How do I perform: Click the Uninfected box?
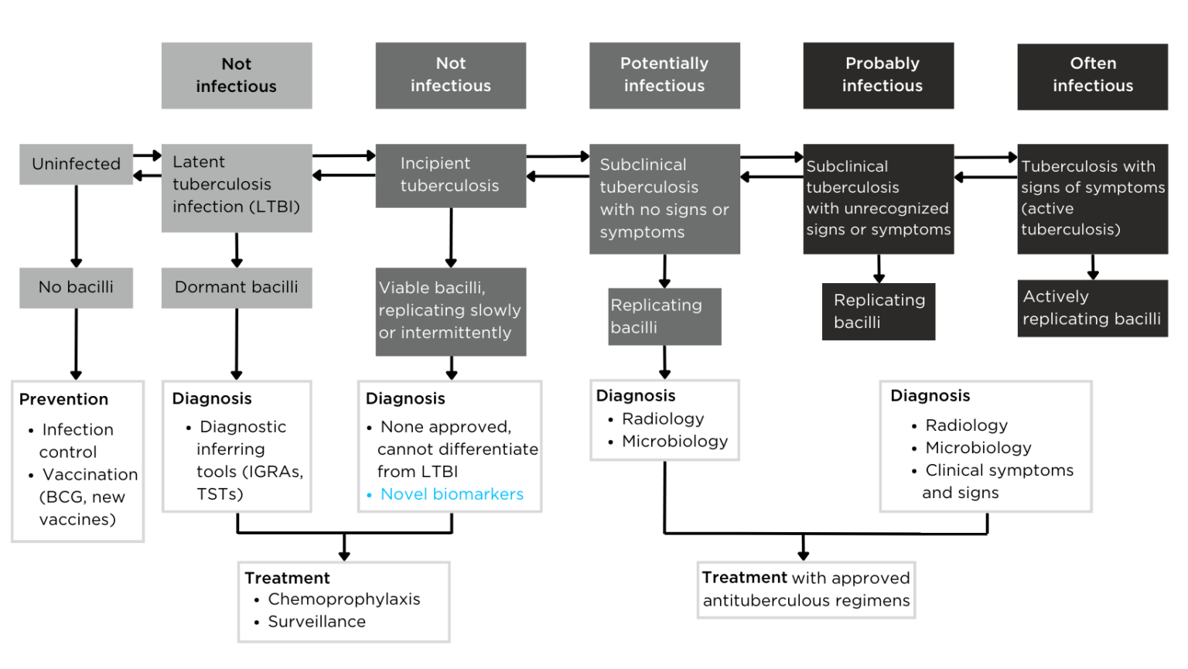point(76,164)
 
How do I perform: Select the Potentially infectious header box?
point(664,75)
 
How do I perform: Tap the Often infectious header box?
point(1092,76)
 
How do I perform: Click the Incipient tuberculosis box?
point(450,175)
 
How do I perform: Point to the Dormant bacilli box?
point(236,287)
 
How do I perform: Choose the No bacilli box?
point(76,287)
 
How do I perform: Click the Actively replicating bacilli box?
point(1091,308)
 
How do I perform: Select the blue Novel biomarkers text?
point(452,494)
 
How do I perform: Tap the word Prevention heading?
point(63,399)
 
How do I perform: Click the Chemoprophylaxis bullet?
point(343,599)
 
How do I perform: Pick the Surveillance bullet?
point(316,622)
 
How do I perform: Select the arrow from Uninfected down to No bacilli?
point(76,225)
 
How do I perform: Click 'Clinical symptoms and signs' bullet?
point(998,481)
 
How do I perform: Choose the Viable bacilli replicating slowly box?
point(450,311)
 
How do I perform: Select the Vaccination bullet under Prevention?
point(89,475)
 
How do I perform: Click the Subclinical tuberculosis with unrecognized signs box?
point(878,198)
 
